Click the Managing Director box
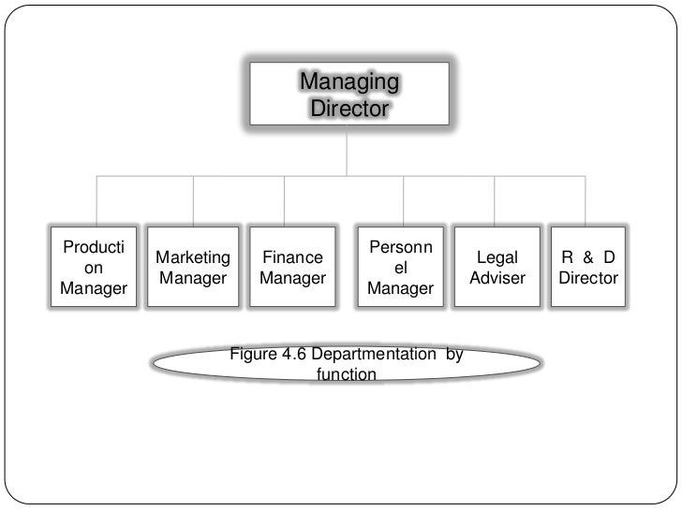348,95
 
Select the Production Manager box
95,268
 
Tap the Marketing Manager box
194,268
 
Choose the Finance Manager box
292,268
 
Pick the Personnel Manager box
401,268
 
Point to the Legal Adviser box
497,268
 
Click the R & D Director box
588,268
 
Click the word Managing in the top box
349,82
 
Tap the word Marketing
194,257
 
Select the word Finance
292,257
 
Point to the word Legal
497,257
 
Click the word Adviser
497,279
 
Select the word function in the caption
347,374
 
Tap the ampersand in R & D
588,257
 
